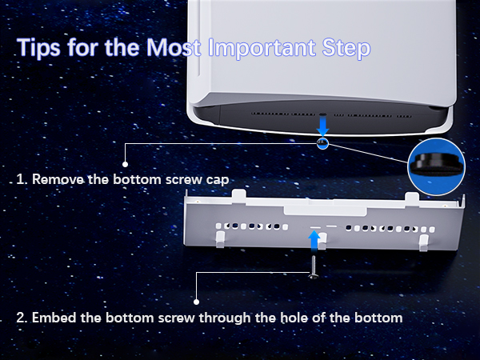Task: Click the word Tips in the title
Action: click(x=39, y=47)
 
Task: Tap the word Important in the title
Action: click(x=262, y=48)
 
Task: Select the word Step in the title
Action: click(x=346, y=48)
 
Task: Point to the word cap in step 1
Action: click(x=218, y=180)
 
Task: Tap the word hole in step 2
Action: click(x=294, y=318)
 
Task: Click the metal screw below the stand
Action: click(x=314, y=267)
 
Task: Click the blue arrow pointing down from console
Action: click(x=322, y=126)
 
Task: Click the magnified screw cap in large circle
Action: click(x=436, y=166)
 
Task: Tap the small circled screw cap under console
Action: click(x=322, y=143)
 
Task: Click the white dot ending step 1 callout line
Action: click(x=125, y=164)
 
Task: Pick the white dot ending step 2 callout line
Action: click(x=197, y=302)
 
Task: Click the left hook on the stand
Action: click(x=221, y=239)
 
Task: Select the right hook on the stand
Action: click(x=424, y=243)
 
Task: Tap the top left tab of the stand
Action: click(x=238, y=196)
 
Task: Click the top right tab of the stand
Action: click(x=412, y=198)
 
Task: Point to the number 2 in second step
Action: click(x=22, y=318)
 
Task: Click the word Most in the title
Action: click(x=174, y=47)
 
